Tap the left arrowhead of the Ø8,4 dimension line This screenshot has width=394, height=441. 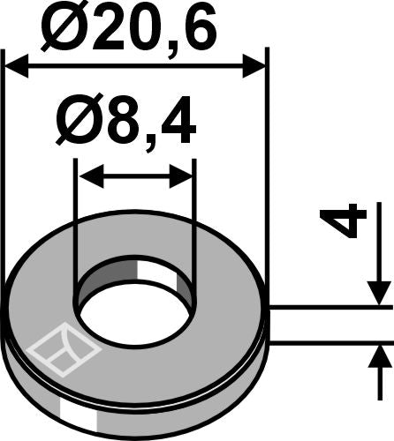(86, 176)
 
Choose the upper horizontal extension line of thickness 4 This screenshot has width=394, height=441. (327, 307)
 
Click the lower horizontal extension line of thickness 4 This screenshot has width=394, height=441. (327, 341)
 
